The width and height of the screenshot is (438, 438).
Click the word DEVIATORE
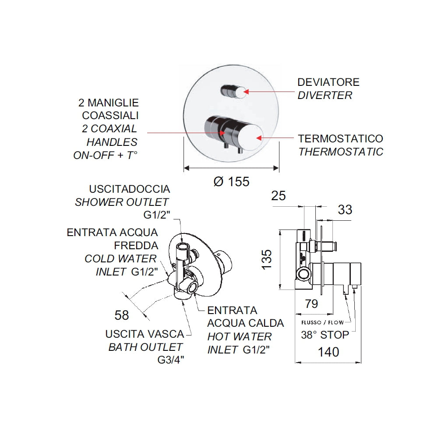coord(328,82)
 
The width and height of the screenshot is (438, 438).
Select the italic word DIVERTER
coord(325,95)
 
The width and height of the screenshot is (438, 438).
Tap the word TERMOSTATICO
coord(340,139)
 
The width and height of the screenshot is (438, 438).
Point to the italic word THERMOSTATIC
coord(340,152)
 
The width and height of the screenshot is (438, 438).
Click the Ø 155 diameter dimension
coord(231,181)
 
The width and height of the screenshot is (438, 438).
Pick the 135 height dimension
coord(267,260)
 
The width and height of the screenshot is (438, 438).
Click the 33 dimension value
coord(345,210)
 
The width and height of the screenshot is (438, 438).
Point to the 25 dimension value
coord(278,196)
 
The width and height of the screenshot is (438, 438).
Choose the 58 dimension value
coord(121,314)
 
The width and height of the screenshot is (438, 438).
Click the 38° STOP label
coord(325,335)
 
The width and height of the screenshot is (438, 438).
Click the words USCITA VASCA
coord(145,334)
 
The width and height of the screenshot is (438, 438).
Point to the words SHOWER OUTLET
coord(122,202)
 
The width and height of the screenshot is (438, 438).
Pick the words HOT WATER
coord(240,336)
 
